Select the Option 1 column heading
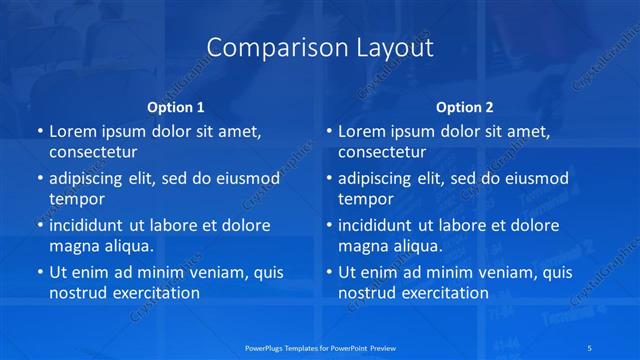click(x=176, y=106)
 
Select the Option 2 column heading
click(x=465, y=106)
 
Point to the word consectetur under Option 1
click(x=93, y=152)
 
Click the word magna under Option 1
click(x=73, y=246)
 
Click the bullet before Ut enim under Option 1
click(x=38, y=272)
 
